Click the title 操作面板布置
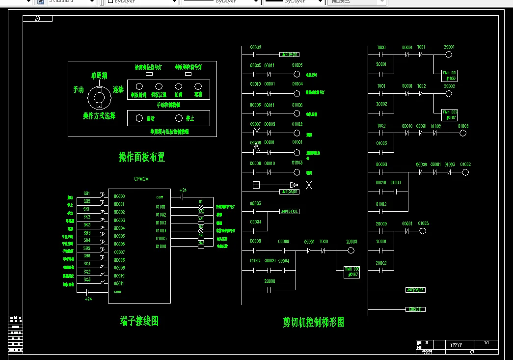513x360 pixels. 141,157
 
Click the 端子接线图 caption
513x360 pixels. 139,321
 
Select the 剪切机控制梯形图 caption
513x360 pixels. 313,322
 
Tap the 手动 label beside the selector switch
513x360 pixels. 79,90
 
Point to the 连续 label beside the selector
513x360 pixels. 118,90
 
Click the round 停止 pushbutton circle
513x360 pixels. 179,118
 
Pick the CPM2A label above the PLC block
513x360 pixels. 141,179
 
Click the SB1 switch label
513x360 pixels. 87,194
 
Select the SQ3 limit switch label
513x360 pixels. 87,279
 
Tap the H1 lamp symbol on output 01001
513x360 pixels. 200,207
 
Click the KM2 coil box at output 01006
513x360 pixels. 201,246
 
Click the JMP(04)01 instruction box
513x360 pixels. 289,55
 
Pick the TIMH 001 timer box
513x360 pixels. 449,75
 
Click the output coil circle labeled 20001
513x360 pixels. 449,55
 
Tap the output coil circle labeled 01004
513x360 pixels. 297,94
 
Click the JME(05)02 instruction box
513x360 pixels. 415,290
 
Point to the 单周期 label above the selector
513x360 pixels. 99,76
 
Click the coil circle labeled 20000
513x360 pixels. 351,251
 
